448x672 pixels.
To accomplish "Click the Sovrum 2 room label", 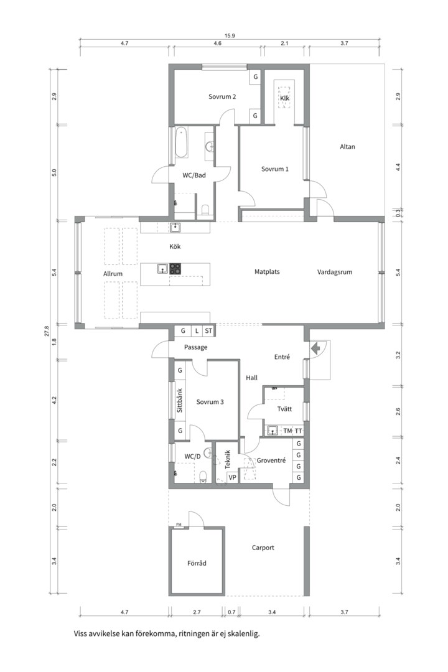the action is [x=222, y=97].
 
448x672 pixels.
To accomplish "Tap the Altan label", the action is [x=347, y=147].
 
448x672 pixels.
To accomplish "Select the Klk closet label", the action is [x=284, y=98].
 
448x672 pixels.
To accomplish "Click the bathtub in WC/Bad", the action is [x=181, y=142].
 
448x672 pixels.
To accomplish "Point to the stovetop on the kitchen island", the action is [x=175, y=269].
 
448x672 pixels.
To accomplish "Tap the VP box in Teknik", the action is [x=232, y=477].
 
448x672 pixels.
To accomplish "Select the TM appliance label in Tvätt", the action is [x=287, y=431].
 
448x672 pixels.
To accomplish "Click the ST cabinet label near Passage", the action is [x=208, y=331].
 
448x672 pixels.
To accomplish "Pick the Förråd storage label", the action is [x=197, y=563].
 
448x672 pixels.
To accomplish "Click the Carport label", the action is [x=263, y=548].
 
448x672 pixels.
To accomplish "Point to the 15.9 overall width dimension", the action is [x=230, y=36].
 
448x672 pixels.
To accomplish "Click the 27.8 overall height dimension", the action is [x=47, y=331].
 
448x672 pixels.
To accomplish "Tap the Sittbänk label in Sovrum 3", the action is [x=180, y=401].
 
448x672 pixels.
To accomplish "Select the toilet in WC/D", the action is [x=203, y=477].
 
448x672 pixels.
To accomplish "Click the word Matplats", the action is [x=267, y=272].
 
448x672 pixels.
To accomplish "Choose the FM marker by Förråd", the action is [x=179, y=525].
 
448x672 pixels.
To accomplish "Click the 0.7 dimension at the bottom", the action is [x=231, y=612].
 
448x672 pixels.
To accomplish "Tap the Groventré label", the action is [x=271, y=460].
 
